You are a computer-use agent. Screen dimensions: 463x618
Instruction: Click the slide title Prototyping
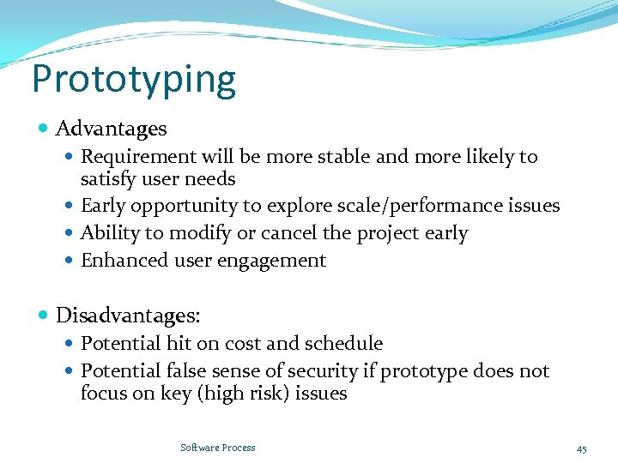point(133,80)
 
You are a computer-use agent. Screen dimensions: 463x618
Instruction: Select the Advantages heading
point(111,129)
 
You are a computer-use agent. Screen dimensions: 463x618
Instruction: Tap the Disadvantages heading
point(128,316)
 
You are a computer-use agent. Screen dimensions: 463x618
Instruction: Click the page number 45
point(581,448)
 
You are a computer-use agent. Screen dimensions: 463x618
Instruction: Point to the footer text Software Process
point(218,448)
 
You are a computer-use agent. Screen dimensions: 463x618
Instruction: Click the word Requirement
point(126,157)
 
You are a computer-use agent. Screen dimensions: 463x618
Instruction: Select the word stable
point(346,157)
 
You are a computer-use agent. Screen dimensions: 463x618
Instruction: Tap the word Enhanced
point(116,261)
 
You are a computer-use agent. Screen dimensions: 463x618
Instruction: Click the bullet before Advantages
point(44,129)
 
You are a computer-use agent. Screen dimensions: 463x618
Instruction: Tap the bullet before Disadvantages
point(44,316)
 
